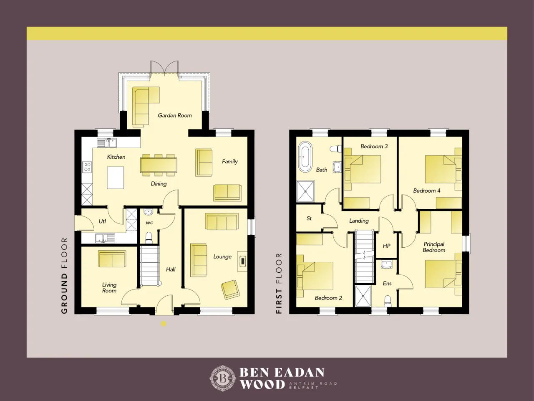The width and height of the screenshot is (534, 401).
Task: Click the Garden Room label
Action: point(175,115)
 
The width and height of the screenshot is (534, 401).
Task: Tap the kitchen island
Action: point(116,178)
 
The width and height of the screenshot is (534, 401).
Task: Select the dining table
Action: point(159,165)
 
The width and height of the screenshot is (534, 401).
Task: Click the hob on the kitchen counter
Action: point(87,167)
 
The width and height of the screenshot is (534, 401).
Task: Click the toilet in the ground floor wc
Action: point(149,238)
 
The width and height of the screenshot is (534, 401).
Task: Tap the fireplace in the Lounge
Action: point(242,261)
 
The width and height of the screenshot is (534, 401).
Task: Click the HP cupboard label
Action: point(386,246)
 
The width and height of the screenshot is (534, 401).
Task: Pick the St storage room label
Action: point(309,218)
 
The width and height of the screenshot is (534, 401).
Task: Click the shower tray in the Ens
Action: point(363,296)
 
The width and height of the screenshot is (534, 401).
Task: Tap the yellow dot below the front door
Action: point(164,324)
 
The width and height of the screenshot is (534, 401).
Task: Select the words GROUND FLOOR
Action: point(64,276)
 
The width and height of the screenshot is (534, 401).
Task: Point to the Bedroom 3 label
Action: point(374,146)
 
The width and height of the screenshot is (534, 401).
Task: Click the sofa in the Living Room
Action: point(112,259)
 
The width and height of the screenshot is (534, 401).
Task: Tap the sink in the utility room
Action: point(105,238)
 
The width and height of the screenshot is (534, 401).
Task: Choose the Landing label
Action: point(359,221)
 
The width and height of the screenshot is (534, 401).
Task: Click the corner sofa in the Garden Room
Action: point(146,107)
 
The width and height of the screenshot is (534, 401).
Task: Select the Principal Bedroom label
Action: point(434,247)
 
